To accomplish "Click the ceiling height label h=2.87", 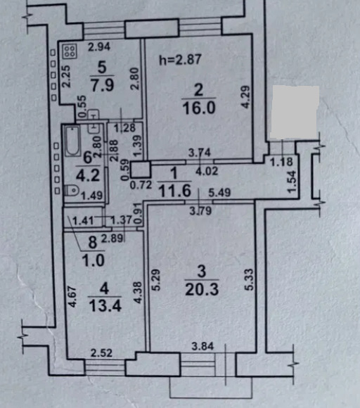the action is point(180,60).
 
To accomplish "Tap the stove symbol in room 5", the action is point(70,51).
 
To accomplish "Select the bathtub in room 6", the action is point(72,141).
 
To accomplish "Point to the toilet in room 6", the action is point(72,190).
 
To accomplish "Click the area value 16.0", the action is point(199,108).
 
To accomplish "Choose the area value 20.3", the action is point(202,289).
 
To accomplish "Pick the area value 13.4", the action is point(105,305).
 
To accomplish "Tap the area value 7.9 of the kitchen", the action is point(102,85).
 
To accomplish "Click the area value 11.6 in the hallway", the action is point(174,191).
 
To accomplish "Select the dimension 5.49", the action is point(219,192).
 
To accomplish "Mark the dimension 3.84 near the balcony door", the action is point(202,346).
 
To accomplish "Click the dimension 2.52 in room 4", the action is point(101,353).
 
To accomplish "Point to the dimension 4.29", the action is point(246,97).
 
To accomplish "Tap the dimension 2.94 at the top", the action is point(99,47).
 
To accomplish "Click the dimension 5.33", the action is point(249,279).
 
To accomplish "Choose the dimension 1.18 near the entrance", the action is point(281,162).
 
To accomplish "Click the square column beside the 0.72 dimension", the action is point(141,170).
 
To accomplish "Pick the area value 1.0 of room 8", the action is point(93,260).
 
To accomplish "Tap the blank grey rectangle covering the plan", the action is point(295,112).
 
